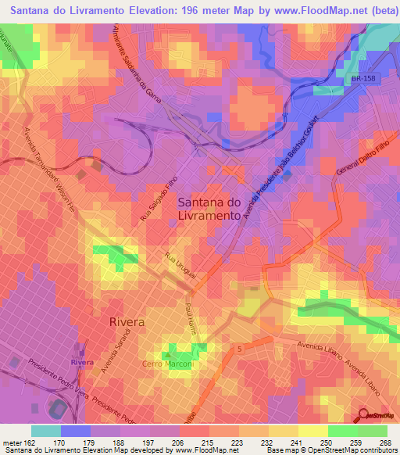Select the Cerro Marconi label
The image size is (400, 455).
(x=167, y=364)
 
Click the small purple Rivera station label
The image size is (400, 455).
(x=81, y=363)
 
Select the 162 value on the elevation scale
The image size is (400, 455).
(x=26, y=442)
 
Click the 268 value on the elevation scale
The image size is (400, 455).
(x=384, y=442)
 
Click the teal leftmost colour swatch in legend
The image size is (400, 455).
(x=46, y=431)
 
